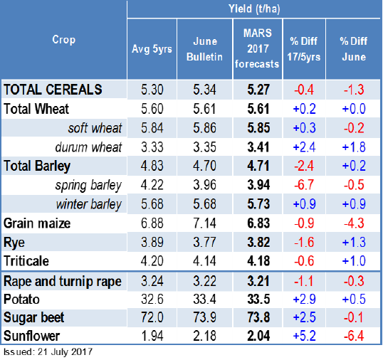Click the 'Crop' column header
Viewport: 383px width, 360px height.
pyautogui.click(x=64, y=40)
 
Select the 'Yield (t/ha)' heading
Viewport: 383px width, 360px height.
pyautogui.click(x=254, y=9)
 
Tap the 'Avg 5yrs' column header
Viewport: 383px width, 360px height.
pyautogui.click(x=152, y=49)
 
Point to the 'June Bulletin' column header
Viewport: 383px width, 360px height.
pyautogui.click(x=205, y=49)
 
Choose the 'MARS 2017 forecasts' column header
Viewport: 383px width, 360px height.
pyautogui.click(x=257, y=48)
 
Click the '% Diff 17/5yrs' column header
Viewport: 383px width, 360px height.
pyautogui.click(x=303, y=49)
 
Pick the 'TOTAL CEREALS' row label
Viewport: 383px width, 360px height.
pyautogui.click(x=53, y=90)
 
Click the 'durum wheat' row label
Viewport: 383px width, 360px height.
pyautogui.click(x=88, y=147)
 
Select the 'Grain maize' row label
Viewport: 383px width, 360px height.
pyautogui.click(x=37, y=223)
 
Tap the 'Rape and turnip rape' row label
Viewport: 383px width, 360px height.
pyautogui.click(x=63, y=281)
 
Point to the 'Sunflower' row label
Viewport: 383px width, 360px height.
pyautogui.click(x=32, y=336)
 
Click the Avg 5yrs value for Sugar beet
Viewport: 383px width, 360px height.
pyautogui.click(x=152, y=317)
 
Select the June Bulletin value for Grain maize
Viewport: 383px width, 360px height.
pyautogui.click(x=205, y=223)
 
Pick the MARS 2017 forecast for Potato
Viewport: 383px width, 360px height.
pyautogui.click(x=258, y=300)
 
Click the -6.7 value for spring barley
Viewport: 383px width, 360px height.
pyautogui.click(x=304, y=185)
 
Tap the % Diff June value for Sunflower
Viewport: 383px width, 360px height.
pyautogui.click(x=354, y=336)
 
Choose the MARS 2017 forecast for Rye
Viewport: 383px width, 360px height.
pyautogui.click(x=258, y=242)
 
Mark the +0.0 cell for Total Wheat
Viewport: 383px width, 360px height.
pyautogui.click(x=354, y=109)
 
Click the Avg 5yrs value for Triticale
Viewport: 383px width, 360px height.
pyautogui.click(x=152, y=261)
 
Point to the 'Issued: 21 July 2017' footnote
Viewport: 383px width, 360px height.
pyautogui.click(x=48, y=352)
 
